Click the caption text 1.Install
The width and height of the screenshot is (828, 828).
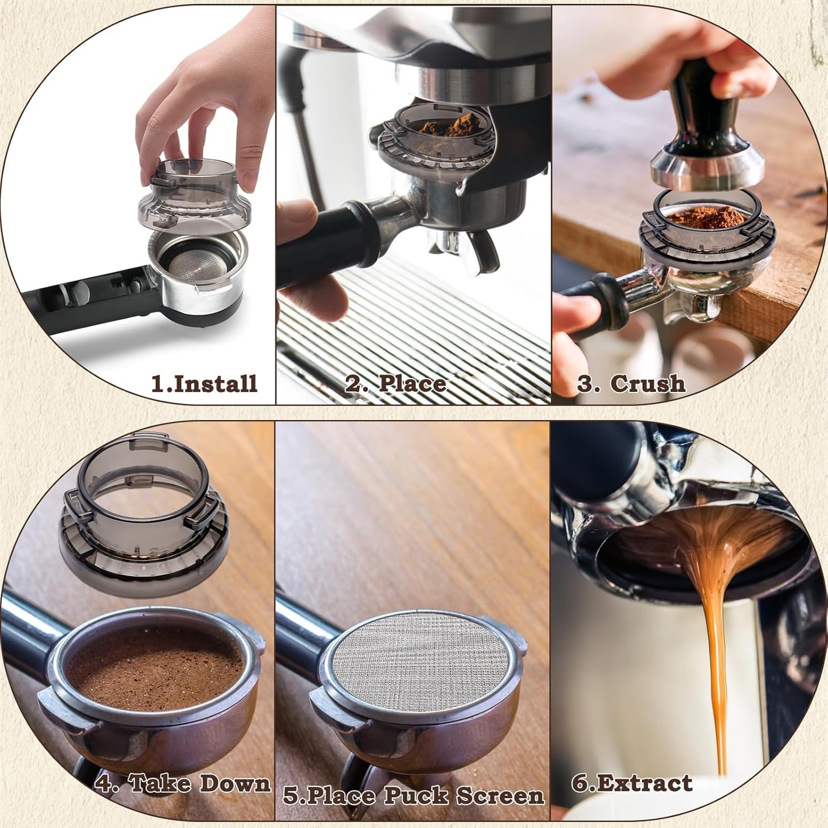(204, 383)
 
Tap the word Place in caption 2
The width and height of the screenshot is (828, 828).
(413, 383)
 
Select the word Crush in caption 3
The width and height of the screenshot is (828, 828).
(648, 383)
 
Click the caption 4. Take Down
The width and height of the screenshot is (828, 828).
(182, 783)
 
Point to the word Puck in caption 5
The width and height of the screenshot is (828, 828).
(416, 795)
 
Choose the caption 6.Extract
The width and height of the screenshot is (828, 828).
(632, 783)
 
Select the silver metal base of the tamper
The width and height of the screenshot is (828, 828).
(708, 171)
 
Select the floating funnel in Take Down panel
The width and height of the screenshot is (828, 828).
(143, 516)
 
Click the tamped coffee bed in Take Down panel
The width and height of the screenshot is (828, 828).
(155, 668)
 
